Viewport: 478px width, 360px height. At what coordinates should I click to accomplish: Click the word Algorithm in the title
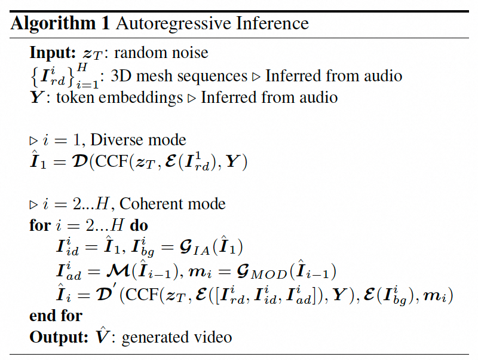[x=53, y=24]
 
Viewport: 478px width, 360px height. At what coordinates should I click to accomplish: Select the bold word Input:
[x=53, y=53]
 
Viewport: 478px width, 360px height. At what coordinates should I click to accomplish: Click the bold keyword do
[x=139, y=225]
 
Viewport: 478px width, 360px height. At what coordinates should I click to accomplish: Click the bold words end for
[x=56, y=316]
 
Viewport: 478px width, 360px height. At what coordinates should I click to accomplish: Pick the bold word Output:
[x=59, y=337]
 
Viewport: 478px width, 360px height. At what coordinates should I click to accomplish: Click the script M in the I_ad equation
[x=118, y=271]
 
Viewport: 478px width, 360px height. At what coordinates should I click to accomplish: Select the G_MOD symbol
[x=262, y=272]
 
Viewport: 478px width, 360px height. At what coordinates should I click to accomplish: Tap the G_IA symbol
[x=195, y=247]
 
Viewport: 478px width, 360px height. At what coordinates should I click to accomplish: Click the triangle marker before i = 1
[x=33, y=141]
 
